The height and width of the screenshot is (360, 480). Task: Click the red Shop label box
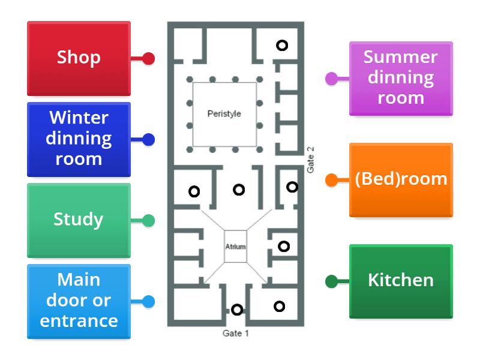tap(79, 58)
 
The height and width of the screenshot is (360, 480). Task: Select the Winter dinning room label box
tap(79, 139)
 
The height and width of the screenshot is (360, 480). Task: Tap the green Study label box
tap(79, 220)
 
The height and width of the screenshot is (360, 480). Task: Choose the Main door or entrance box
tap(79, 301)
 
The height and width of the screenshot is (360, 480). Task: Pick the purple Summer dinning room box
tap(401, 78)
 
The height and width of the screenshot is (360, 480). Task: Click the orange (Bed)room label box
tap(401, 179)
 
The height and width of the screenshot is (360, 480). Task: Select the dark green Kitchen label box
tap(401, 280)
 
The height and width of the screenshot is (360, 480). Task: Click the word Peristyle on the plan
tap(224, 113)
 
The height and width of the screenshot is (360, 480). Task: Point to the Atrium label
tap(235, 247)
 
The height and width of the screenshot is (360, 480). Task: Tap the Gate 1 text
tap(235, 334)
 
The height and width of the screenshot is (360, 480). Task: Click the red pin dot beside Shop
tap(148, 59)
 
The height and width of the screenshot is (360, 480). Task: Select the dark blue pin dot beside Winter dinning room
tap(148, 140)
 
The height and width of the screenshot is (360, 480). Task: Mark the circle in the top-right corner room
tap(281, 45)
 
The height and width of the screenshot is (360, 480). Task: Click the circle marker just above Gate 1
tap(237, 310)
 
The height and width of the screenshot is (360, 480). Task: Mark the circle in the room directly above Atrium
tap(239, 190)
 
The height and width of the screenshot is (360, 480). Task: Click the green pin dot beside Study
tap(148, 221)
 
